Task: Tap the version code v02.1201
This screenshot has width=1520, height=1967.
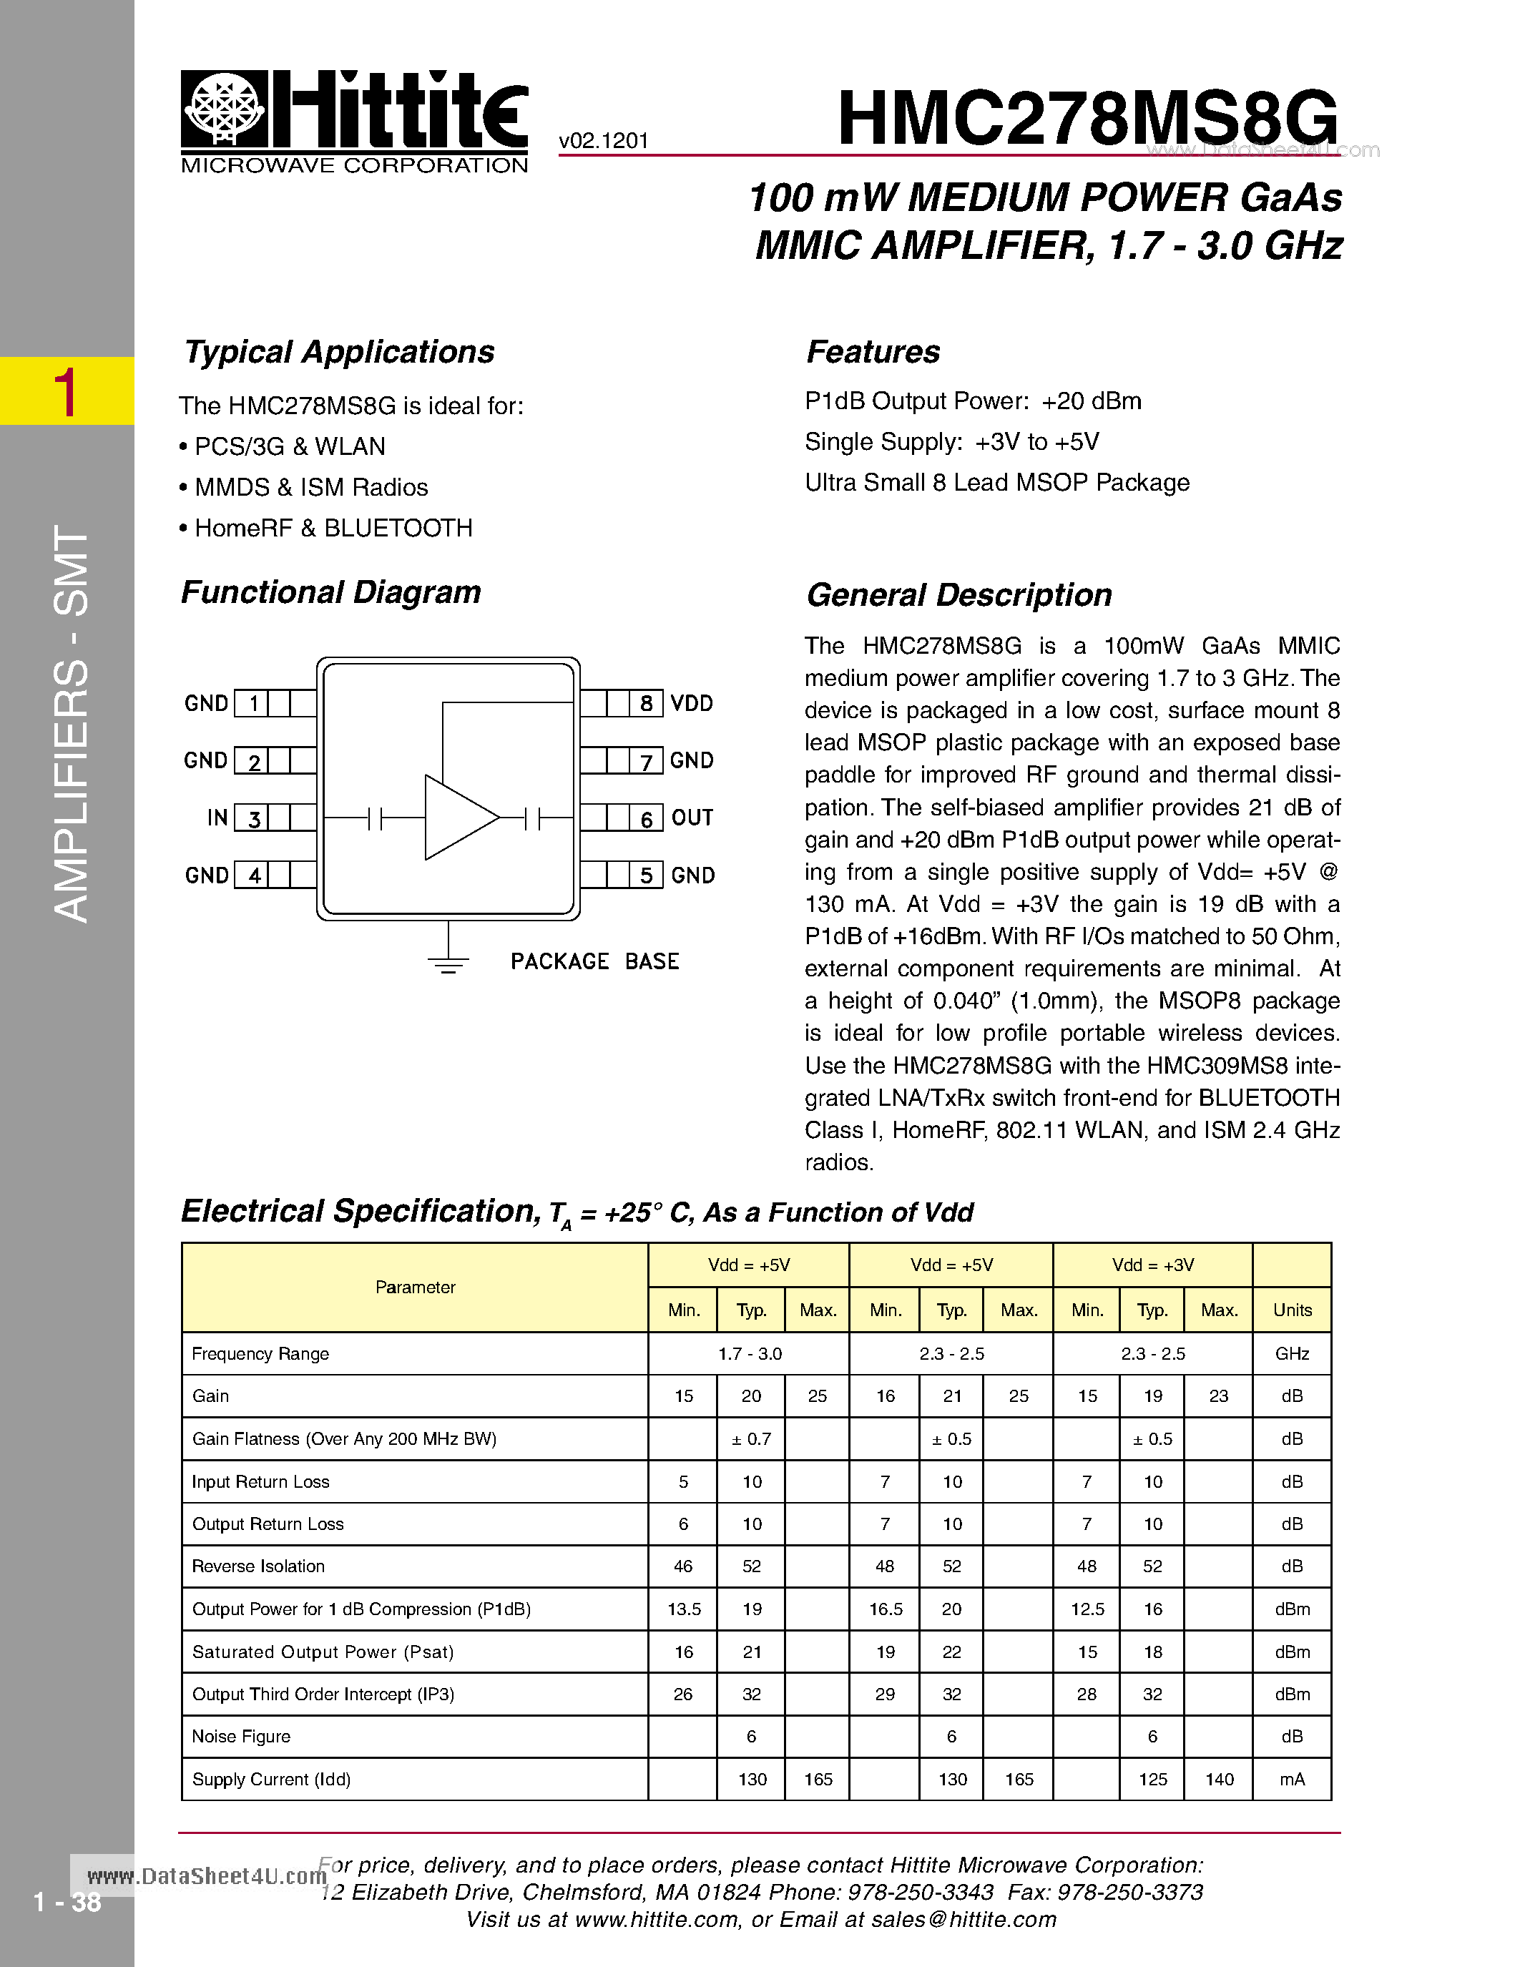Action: click(603, 140)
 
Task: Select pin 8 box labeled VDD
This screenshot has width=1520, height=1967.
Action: click(646, 703)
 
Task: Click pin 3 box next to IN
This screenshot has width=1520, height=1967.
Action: click(254, 818)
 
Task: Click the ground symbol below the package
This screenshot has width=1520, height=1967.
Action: click(448, 963)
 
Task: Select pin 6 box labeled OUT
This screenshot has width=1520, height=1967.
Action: click(646, 818)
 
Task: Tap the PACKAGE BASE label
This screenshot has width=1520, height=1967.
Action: click(594, 962)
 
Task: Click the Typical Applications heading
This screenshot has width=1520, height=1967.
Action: click(340, 352)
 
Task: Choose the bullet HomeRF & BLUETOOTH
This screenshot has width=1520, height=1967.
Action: click(333, 528)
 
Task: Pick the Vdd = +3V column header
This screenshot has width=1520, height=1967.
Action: click(1152, 1265)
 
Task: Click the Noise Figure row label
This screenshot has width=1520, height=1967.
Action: click(241, 1737)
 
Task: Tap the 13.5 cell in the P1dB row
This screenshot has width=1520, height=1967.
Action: click(683, 1609)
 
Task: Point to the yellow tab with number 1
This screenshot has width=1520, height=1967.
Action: click(67, 391)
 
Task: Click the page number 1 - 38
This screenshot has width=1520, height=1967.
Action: click(67, 1902)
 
